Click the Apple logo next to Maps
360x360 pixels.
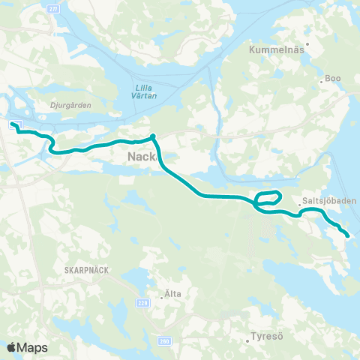(11, 347)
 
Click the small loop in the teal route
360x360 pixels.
(268, 199)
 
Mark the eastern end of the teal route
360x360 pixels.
(349, 235)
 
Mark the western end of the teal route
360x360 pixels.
(13, 123)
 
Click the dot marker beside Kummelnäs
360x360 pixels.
(307, 43)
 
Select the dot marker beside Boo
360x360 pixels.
(321, 80)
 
